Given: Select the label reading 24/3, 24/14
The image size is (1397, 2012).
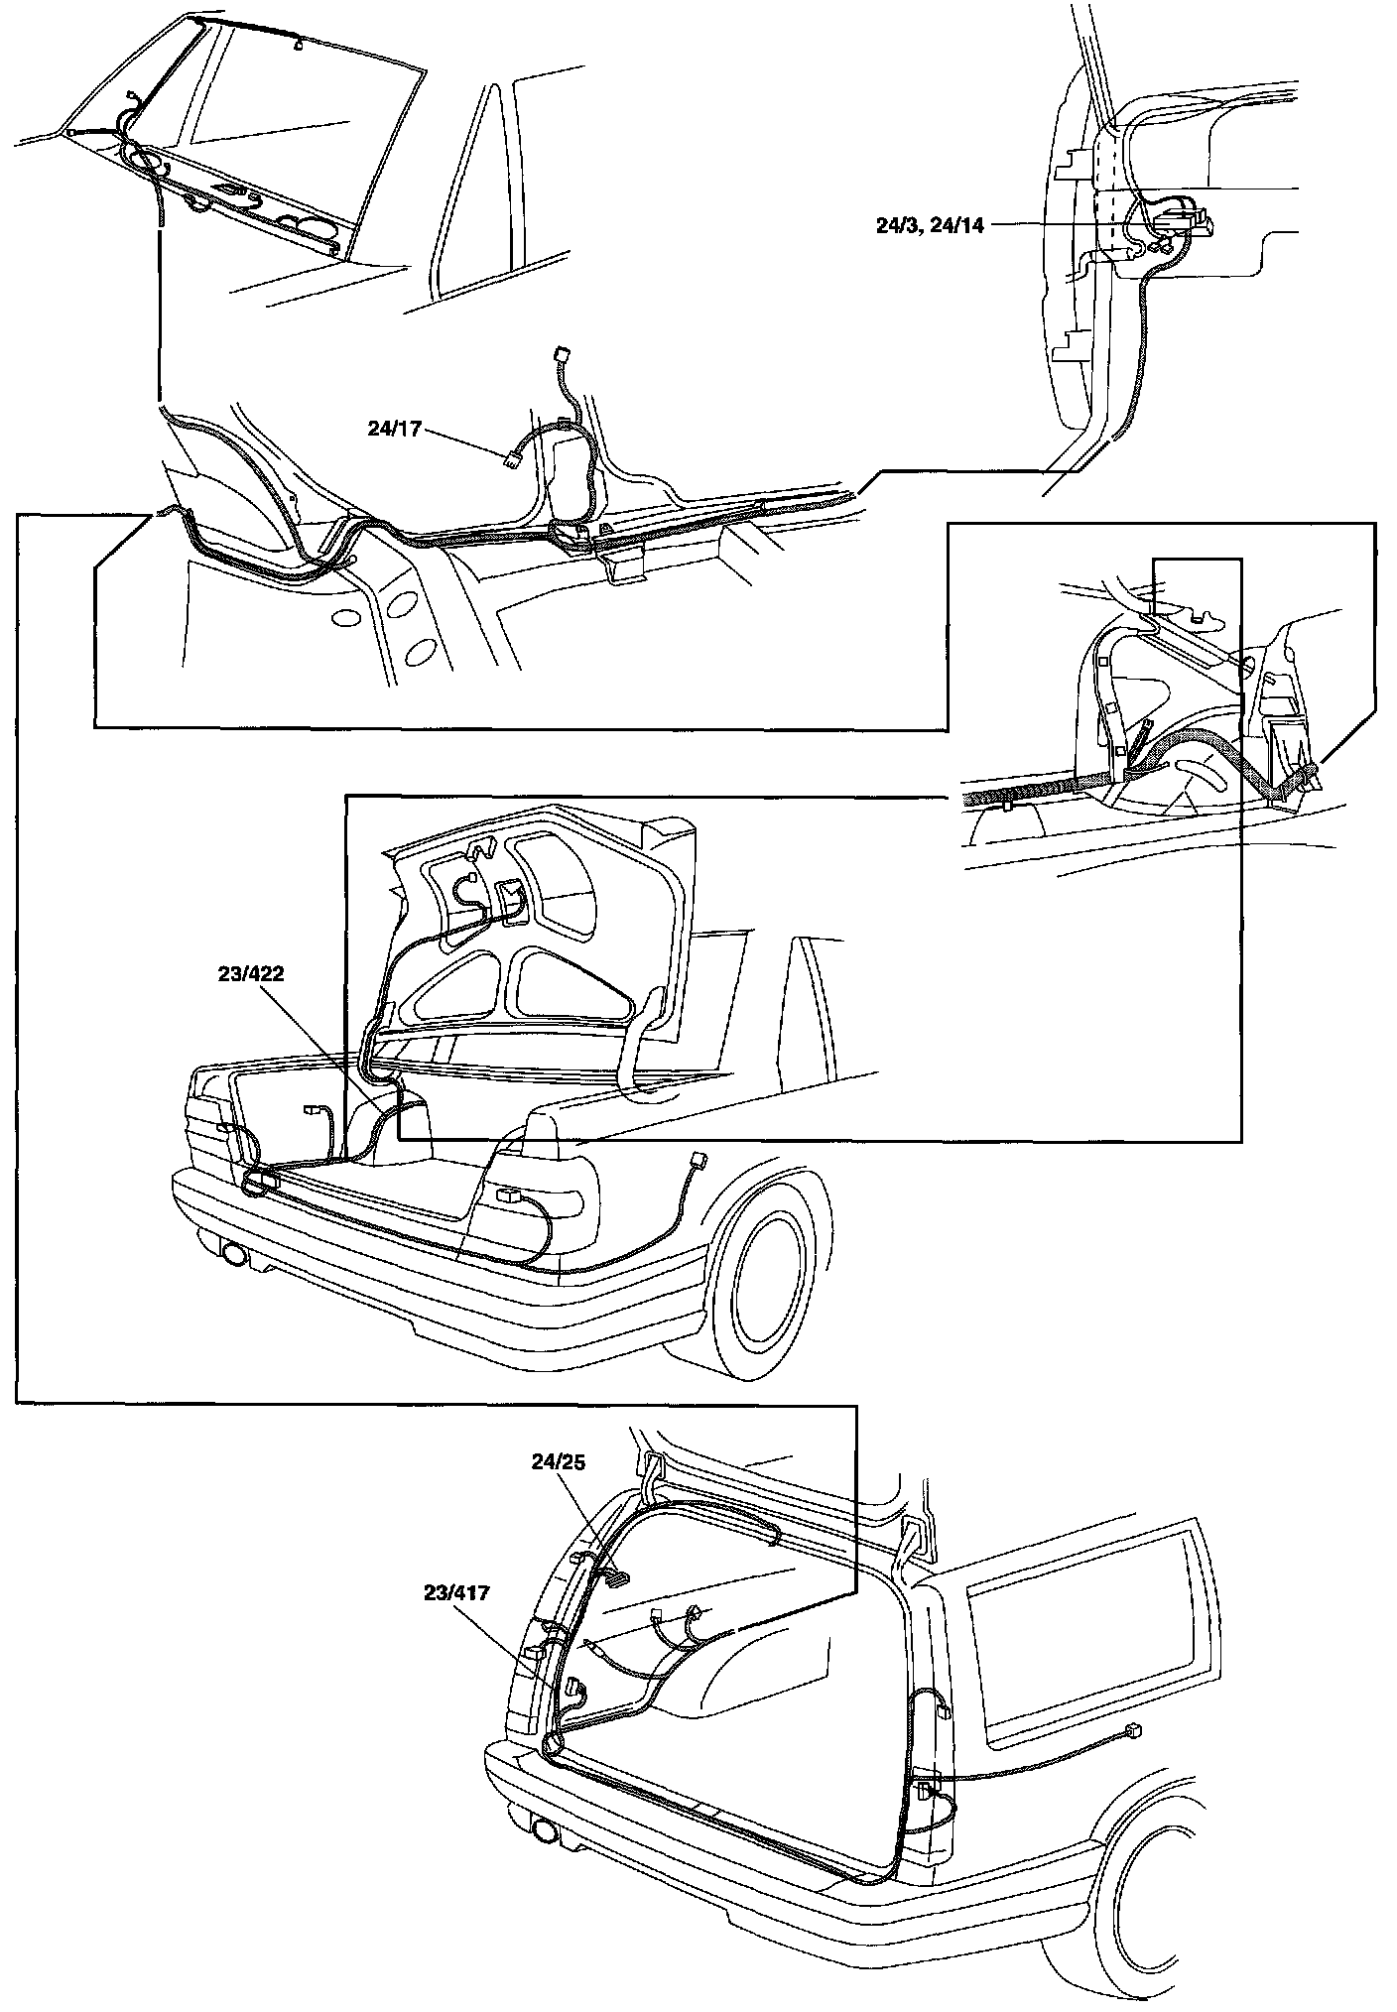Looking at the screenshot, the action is coord(930,225).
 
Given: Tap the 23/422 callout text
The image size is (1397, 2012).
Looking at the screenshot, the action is coord(251,974).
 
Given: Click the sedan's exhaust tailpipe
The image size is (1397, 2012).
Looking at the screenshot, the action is coord(235,1254).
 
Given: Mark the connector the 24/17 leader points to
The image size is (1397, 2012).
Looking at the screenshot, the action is coord(513,458).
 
